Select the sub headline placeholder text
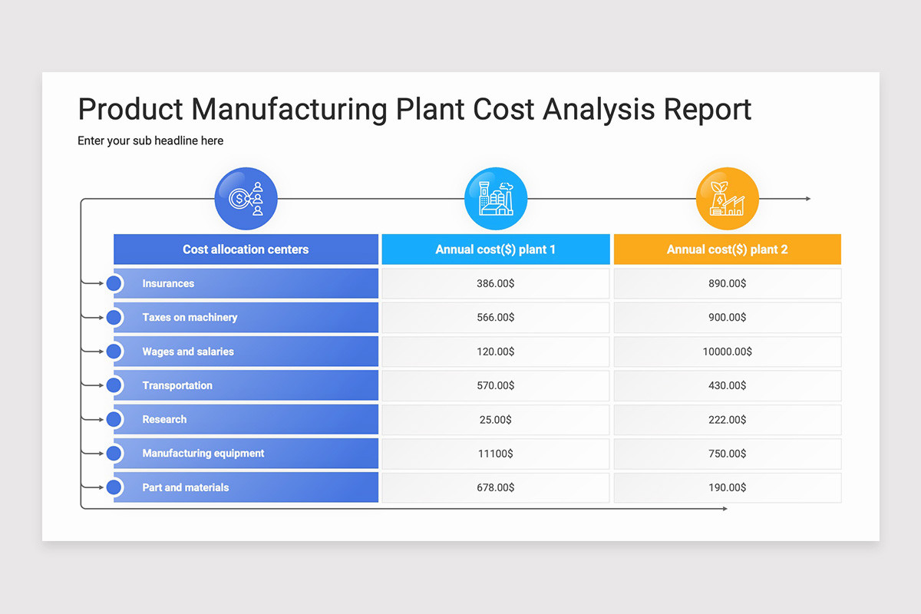click(150, 141)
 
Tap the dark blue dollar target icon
click(246, 199)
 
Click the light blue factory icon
click(496, 199)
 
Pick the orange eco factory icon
click(727, 199)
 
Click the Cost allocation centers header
click(246, 249)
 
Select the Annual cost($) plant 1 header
click(496, 249)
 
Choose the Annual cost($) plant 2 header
click(727, 249)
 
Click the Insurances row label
click(168, 284)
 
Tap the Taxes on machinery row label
click(190, 318)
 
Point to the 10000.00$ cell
click(727, 352)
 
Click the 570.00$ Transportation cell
click(496, 385)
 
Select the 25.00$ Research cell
click(496, 420)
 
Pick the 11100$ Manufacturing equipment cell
click(496, 454)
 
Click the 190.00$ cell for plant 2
click(727, 487)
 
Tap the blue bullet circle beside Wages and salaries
click(114, 352)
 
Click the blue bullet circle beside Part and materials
click(114, 487)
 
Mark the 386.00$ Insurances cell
click(496, 284)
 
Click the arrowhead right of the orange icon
click(807, 199)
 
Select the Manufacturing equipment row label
click(203, 454)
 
